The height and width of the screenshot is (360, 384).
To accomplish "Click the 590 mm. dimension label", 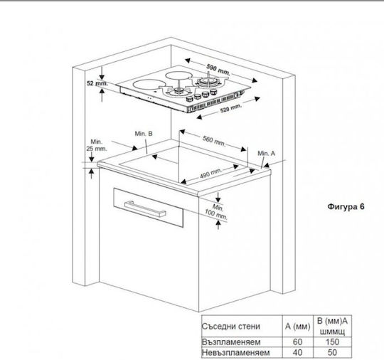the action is point(218,69).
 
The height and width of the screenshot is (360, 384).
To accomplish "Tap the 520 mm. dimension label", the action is point(231,108).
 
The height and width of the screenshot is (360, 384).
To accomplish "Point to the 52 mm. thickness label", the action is point(97,83).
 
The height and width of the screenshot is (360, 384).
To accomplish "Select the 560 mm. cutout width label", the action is point(214,141).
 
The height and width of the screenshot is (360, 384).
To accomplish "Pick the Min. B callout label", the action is point(144,134).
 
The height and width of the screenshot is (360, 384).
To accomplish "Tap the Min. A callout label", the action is point(266,154).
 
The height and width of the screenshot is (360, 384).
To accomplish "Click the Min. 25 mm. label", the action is point(97,145).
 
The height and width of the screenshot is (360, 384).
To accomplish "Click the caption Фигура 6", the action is point(346,206).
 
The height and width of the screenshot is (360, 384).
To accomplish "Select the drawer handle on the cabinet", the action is point(145,208).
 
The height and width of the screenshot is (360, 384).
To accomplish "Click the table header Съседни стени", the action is point(230,326).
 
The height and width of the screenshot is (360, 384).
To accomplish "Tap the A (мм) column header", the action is point(298,326).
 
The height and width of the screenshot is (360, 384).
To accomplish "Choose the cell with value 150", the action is point(332,342).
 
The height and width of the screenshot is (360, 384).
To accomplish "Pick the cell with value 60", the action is point(297,342).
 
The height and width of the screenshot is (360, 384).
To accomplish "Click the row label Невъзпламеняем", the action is point(236,353).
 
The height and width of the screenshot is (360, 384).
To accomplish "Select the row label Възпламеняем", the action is point(231,342).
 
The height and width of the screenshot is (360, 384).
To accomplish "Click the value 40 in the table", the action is point(297,353).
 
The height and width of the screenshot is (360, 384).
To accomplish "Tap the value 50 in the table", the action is point(332,353).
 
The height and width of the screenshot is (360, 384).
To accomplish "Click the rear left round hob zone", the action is point(178,75).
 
